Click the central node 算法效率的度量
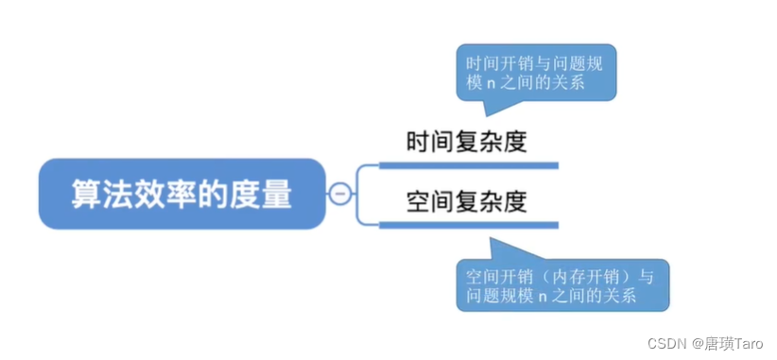pyautogui.click(x=182, y=194)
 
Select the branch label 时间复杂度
pyautogui.click(x=466, y=143)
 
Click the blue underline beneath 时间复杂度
pyautogui.click(x=468, y=165)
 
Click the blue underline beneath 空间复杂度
pyautogui.click(x=468, y=224)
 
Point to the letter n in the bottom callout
pyautogui.click(x=544, y=296)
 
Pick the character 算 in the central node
pyautogui.click(x=87, y=194)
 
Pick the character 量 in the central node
pyautogui.click(x=277, y=194)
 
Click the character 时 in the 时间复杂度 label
pyautogui.click(x=418, y=143)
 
